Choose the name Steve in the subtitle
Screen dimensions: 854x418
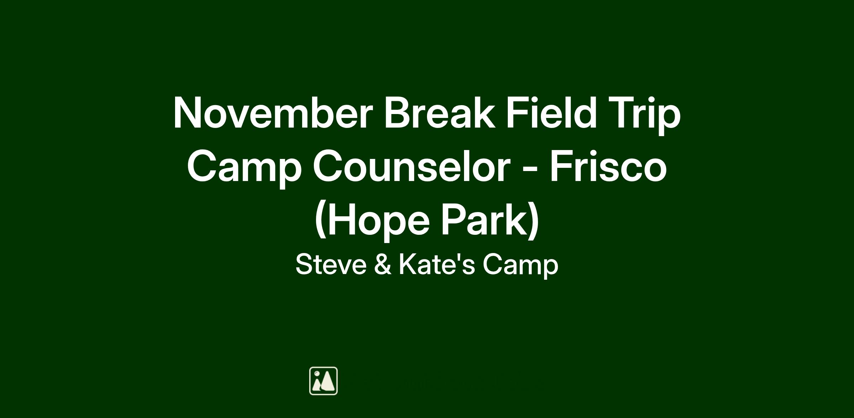(331, 265)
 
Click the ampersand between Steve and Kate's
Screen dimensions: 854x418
(383, 265)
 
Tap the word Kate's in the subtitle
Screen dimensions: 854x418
(437, 265)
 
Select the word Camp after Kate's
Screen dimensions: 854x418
(521, 267)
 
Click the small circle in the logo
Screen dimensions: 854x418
(317, 373)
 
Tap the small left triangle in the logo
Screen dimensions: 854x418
(317, 385)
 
